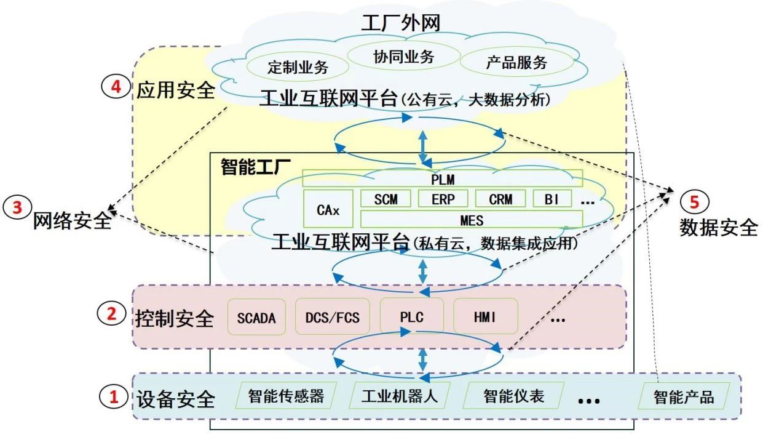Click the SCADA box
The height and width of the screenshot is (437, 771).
256,318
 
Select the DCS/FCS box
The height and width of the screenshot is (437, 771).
332,318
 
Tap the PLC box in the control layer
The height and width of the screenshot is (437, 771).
411,318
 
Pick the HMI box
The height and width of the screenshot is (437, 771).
485,318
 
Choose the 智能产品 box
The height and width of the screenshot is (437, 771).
684,397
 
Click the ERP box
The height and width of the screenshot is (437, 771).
443,199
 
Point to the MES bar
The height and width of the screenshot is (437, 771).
471,220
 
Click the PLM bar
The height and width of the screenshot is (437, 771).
442,178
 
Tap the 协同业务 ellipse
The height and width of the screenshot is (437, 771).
403,57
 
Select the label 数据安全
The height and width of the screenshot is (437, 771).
718,228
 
